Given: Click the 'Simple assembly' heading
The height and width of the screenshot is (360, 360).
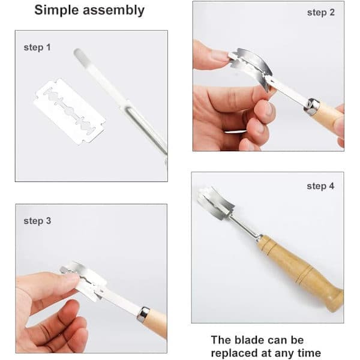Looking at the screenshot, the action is pyautogui.click(x=89, y=10).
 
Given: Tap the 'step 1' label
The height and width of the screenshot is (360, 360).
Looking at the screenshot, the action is pyautogui.click(x=37, y=47).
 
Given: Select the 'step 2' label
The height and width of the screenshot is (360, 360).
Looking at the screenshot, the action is pyautogui.click(x=321, y=13).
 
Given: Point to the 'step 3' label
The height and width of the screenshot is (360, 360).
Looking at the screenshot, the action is pyautogui.click(x=37, y=221).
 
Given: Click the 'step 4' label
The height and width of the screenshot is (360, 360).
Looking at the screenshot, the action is pyautogui.click(x=320, y=186).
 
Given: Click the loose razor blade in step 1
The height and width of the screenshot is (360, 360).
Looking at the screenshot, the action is pyautogui.click(x=70, y=112).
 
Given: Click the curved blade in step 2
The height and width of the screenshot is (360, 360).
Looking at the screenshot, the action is pyautogui.click(x=251, y=67).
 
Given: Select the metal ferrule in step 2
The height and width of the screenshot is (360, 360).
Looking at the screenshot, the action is pyautogui.click(x=311, y=107).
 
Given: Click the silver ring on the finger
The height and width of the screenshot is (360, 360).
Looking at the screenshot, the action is pyautogui.click(x=235, y=132).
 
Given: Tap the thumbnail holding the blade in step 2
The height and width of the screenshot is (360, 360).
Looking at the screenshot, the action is pyautogui.click(x=220, y=56).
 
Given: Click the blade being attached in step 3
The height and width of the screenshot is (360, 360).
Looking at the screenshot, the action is pyautogui.click(x=83, y=281).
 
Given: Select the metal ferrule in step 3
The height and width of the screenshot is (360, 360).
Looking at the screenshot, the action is pyautogui.click(x=143, y=313).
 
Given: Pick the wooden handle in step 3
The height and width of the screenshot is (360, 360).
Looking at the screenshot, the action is pyautogui.click(x=155, y=323).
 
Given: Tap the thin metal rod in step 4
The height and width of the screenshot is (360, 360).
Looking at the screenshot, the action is pyautogui.click(x=245, y=227).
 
